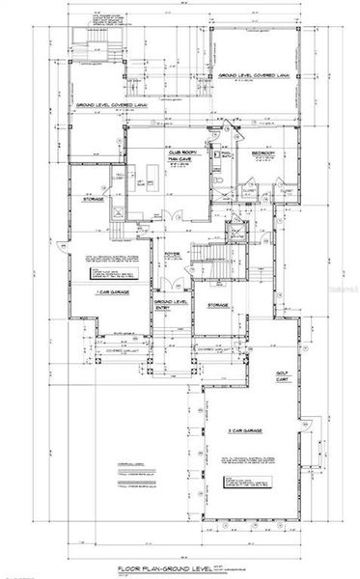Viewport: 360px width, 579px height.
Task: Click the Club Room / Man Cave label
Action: coord(177,156)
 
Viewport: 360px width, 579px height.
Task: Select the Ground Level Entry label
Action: coord(170,307)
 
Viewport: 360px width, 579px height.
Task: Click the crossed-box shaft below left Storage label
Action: coord(118,215)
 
